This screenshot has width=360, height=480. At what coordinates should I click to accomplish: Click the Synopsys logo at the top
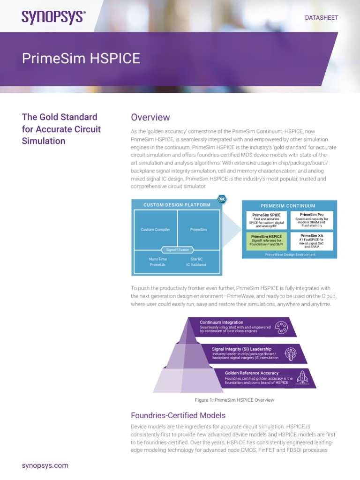[x=53, y=17]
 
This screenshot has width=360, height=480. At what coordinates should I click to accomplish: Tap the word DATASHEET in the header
[x=322, y=17]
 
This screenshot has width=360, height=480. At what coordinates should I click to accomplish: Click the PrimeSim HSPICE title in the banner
[x=81, y=59]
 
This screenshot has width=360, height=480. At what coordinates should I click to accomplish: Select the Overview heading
[x=150, y=117]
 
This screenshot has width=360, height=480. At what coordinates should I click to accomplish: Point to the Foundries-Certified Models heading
[x=178, y=415]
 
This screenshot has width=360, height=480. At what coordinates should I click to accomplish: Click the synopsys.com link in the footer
[x=45, y=465]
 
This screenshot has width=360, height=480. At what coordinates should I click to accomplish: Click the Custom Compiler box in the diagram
[x=155, y=230]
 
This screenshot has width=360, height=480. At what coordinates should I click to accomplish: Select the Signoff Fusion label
[x=177, y=250]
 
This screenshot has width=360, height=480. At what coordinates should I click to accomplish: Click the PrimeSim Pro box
[x=312, y=220]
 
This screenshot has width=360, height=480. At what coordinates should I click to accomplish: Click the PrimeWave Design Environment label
[x=290, y=254]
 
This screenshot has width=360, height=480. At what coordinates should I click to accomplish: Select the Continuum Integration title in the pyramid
[x=222, y=322]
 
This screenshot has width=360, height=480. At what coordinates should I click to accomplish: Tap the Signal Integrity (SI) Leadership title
[x=242, y=349]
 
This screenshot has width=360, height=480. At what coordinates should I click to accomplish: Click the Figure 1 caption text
[x=234, y=400]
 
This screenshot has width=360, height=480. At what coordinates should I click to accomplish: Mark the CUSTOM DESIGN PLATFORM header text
[x=177, y=205]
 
